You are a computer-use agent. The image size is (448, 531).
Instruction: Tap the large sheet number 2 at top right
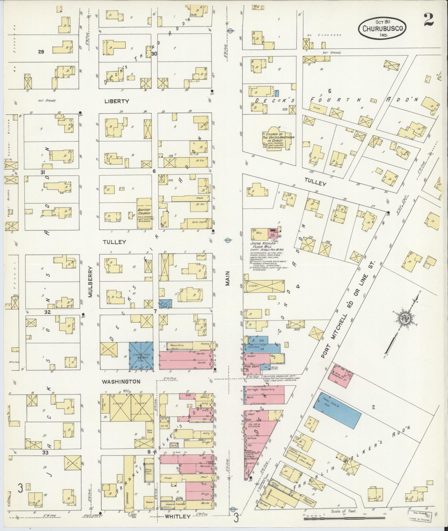tap(429, 20)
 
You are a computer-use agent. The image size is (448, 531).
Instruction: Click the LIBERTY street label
tap(117, 101)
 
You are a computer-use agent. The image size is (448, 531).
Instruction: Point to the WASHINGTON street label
tap(121, 382)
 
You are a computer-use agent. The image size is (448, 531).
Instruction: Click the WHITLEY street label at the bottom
tap(178, 517)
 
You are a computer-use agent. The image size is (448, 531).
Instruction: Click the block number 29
tap(41, 52)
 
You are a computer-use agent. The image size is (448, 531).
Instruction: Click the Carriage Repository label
tap(260, 389)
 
